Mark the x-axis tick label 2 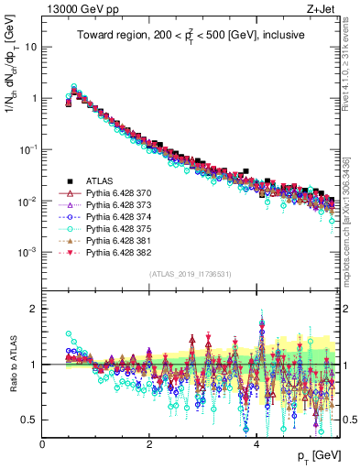[149, 444]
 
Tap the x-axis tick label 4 [256, 444]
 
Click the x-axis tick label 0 [43, 444]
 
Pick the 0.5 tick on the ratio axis [31, 420]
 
